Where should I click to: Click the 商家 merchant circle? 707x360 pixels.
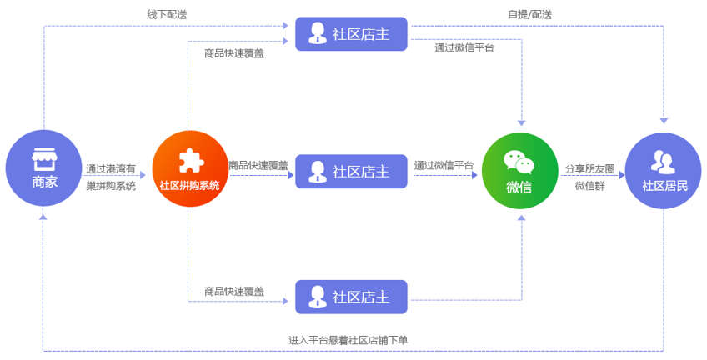point(43,169)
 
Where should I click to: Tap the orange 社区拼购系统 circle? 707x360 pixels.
point(189,170)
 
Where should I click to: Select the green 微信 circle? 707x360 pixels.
point(519,170)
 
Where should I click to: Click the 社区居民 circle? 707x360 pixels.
point(664,170)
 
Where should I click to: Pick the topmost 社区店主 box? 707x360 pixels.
point(351,34)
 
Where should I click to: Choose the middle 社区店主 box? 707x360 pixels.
point(351,172)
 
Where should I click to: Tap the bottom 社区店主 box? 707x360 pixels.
point(351,297)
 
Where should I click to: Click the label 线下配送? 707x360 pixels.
point(167,14)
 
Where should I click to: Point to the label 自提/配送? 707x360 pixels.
point(529,14)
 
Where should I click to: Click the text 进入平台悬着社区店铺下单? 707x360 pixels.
point(348,340)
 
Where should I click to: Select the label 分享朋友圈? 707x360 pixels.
point(589,168)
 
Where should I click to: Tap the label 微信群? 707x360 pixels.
point(589,186)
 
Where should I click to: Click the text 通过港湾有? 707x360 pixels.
point(110,168)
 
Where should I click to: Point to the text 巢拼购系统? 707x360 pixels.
point(110,186)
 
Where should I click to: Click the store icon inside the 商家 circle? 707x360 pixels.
point(43,158)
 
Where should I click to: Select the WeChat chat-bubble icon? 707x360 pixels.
point(519,161)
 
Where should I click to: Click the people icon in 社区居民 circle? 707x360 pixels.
point(664,160)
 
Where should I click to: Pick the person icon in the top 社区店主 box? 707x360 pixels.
point(317,34)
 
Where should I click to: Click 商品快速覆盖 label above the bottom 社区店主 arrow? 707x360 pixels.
point(234,291)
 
